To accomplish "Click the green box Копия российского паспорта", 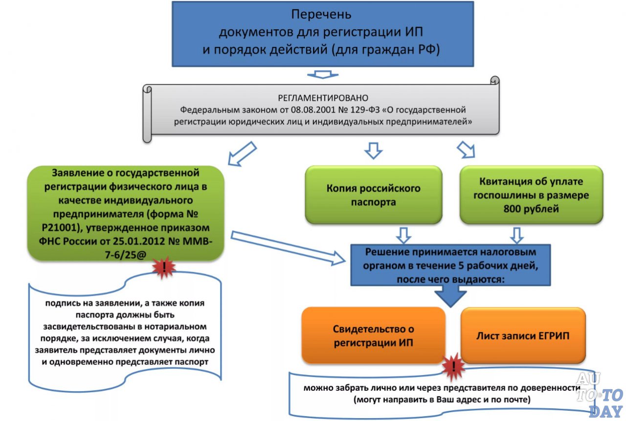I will tap(373, 195).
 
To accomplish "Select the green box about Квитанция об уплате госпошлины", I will tap(532, 195).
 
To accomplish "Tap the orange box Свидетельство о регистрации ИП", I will tap(373, 335).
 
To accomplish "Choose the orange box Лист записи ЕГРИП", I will tap(523, 335).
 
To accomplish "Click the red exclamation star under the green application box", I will tap(163, 267).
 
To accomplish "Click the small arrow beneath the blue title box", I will tap(322, 74).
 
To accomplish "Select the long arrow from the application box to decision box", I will tap(289, 248).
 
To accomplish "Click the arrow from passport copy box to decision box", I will tap(403, 234).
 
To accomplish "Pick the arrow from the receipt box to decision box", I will tap(517, 234).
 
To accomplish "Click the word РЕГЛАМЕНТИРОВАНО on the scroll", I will tap(322, 98).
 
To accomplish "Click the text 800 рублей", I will tap(532, 208).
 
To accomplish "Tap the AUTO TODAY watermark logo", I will tap(599, 395).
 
